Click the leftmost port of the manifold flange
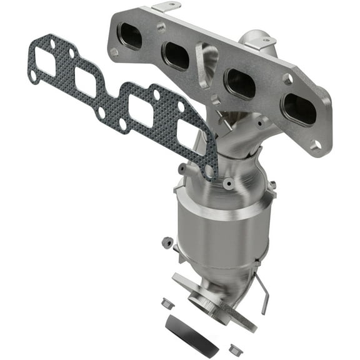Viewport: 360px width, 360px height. pos(131,37)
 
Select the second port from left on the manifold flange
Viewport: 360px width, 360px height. pos(176,57)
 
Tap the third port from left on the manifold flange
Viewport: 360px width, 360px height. pos(240,83)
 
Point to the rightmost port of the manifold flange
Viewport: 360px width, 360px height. pos(298,111)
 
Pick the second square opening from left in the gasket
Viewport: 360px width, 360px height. pos(85,81)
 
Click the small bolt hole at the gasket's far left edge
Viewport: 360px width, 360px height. pos(33,75)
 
